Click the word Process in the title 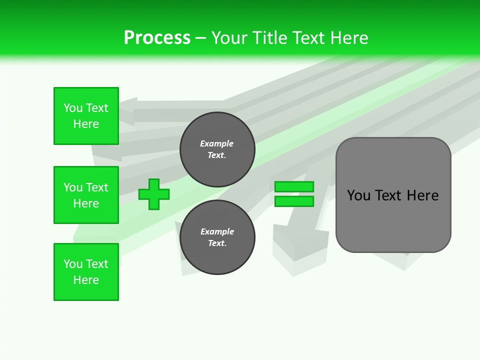coord(157,38)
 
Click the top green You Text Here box coord(86,116)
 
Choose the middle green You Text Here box coord(86,195)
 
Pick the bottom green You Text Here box coord(86,272)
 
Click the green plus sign coord(154,194)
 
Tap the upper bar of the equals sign coord(294,186)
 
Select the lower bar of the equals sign coord(294,201)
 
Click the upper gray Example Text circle coord(217,149)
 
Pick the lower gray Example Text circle coord(217,237)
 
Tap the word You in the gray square coord(358,195)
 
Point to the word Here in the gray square coord(422,195)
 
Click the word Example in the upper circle coord(217,143)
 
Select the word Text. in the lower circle coord(217,243)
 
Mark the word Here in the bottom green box coord(86,280)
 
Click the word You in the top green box coord(73,108)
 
